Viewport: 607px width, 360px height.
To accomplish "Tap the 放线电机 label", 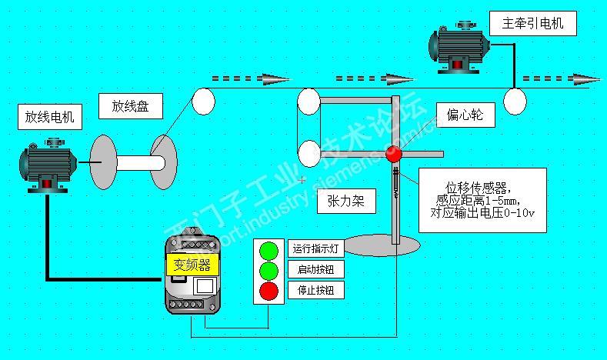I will point(49,118).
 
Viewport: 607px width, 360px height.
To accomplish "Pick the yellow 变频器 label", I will point(192,265).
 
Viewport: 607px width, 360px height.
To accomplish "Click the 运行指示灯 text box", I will point(316,248).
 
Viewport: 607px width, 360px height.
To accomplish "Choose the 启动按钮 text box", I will point(316,269).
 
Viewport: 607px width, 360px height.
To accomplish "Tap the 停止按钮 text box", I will point(316,290).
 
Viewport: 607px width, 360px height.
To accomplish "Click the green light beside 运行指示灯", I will point(268,250).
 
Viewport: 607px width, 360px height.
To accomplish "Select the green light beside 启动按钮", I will point(268,271).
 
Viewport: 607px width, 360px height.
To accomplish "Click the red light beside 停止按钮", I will point(268,292).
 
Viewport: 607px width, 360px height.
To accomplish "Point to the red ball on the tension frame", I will point(393,153).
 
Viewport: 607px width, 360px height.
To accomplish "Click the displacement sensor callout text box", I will point(483,200).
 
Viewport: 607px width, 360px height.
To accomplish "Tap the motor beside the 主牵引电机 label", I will point(460,48).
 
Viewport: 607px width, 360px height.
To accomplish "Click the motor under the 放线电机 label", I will point(47,165).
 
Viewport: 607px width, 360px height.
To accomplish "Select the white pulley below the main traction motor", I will point(515,99).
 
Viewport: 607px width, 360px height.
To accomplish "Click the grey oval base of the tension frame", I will point(394,245).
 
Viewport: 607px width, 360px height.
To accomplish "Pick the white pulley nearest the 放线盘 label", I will point(203,102).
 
